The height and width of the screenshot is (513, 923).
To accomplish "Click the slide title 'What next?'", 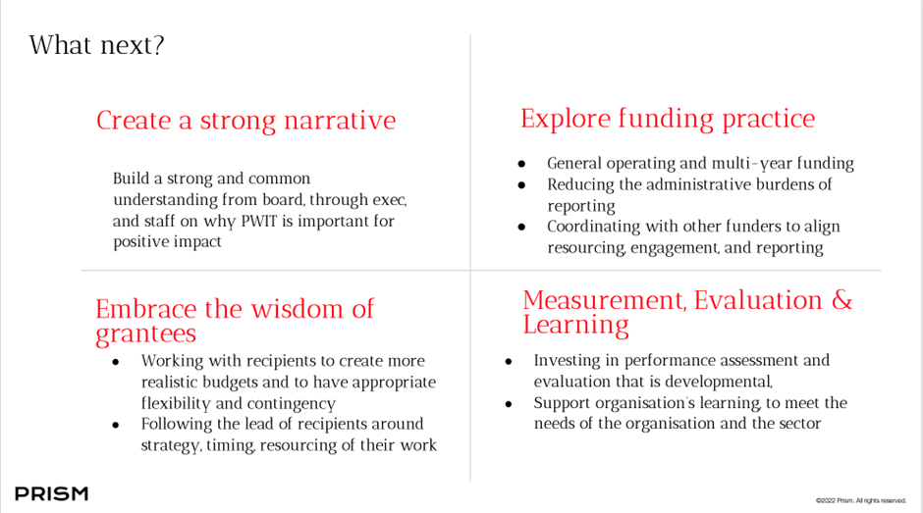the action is click(96, 45).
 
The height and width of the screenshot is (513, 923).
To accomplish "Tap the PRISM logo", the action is click(52, 493).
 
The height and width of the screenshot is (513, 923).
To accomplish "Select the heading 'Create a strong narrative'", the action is click(246, 121).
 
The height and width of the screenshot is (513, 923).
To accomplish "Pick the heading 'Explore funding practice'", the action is click(668, 120).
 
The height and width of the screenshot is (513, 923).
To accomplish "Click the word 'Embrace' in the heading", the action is click(146, 309).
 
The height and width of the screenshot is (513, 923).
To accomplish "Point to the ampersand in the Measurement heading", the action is click(842, 300).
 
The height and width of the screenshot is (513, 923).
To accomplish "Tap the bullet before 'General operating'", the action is click(521, 164).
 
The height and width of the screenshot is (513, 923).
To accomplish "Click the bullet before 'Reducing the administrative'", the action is click(521, 184).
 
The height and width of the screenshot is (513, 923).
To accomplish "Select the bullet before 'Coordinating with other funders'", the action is click(521, 227).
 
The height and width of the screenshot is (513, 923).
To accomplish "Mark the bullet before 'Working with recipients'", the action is click(116, 361).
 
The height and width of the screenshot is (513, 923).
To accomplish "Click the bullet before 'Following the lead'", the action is click(116, 424).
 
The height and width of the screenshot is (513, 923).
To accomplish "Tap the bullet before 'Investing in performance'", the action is click(509, 361).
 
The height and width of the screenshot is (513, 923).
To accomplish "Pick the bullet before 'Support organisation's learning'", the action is click(509, 403).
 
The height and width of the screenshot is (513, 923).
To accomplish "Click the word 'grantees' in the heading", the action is click(146, 334).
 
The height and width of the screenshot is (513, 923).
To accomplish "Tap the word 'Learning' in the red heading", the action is click(576, 326).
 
